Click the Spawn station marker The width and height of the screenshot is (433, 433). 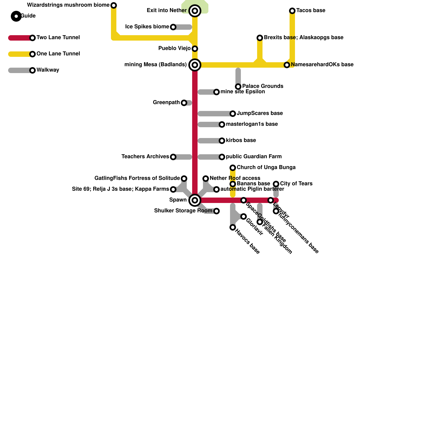pyautogui.click(x=195, y=200)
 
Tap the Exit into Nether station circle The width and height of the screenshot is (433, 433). pyautogui.click(x=195, y=11)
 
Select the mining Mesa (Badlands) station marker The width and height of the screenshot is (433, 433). pyautogui.click(x=195, y=65)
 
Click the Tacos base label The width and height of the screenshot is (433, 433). pyautogui.click(x=311, y=11)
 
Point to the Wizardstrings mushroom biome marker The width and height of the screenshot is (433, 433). pyautogui.click(x=114, y=5)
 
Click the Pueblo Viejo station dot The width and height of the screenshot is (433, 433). pyautogui.click(x=195, y=49)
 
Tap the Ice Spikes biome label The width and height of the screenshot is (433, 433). pyautogui.click(x=147, y=27)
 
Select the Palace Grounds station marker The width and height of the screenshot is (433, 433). pyautogui.click(x=238, y=87)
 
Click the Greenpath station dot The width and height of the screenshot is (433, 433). pyautogui.click(x=184, y=103)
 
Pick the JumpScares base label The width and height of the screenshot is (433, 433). pyautogui.click(x=260, y=113)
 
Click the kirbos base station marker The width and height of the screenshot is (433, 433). pyautogui.click(x=222, y=141)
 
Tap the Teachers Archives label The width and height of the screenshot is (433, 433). pyautogui.click(x=145, y=157)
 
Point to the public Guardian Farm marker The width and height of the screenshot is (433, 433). pyautogui.click(x=222, y=157)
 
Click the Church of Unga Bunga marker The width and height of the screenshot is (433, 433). pyautogui.click(x=233, y=168)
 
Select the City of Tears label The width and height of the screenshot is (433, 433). pyautogui.click(x=296, y=184)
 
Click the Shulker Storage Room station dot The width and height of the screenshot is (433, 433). pyautogui.click(x=216, y=211)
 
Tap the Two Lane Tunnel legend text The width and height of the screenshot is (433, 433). pyautogui.click(x=58, y=38)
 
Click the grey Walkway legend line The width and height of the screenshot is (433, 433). pyautogui.click(x=19, y=70)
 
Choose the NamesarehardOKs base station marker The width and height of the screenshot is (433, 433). pyautogui.click(x=287, y=65)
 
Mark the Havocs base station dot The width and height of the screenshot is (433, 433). pyautogui.click(x=233, y=227)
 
